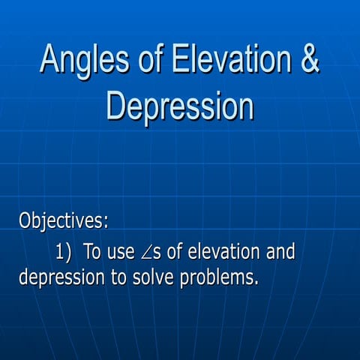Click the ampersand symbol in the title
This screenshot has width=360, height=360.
tap(310, 59)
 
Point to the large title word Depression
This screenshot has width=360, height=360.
tap(180, 105)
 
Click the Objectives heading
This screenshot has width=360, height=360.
tap(62, 221)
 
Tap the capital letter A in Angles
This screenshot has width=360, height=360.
tap(50, 59)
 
